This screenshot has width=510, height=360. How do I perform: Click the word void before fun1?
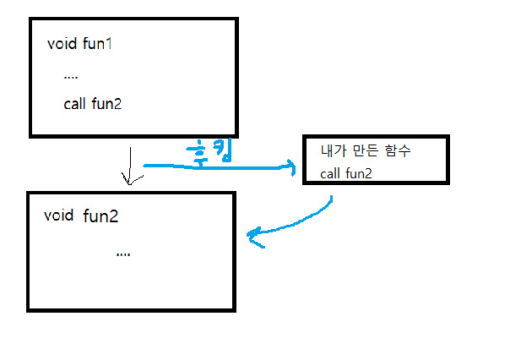click(62, 44)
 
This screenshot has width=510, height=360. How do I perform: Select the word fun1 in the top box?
click(97, 44)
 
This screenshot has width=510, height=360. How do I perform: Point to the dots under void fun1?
click(71, 75)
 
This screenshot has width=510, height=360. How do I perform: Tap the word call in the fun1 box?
click(74, 105)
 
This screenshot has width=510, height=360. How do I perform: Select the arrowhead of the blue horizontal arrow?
click(290, 169)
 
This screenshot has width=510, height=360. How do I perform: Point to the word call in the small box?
click(330, 174)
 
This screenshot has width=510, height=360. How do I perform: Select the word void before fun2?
click(57, 216)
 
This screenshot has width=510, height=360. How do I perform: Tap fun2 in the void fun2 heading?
click(100, 216)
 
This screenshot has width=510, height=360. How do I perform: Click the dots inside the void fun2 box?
click(123, 253)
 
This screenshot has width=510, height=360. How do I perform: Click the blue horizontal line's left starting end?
click(145, 166)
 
